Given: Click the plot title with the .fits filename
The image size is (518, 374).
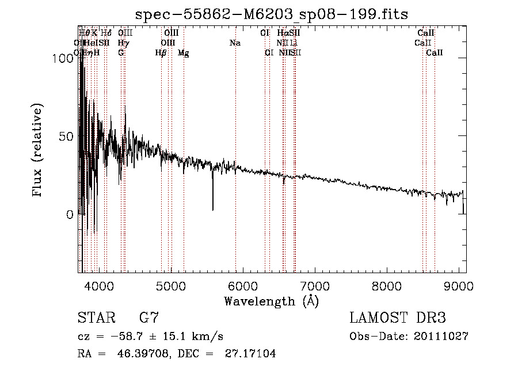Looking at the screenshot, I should click(271, 14).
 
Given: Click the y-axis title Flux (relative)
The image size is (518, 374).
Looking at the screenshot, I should click(39, 152).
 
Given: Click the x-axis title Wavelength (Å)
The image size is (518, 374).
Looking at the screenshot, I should click(271, 301).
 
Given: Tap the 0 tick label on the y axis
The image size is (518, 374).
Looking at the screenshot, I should click(71, 215).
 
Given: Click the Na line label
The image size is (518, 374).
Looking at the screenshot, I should click(235, 43).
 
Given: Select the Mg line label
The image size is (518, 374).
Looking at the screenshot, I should click(183, 52).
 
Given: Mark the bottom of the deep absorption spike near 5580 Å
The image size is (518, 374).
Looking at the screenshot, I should click(213, 210).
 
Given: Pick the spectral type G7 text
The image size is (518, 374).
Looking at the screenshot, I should click(149, 318).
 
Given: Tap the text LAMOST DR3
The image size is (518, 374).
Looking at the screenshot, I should click(397, 318).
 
